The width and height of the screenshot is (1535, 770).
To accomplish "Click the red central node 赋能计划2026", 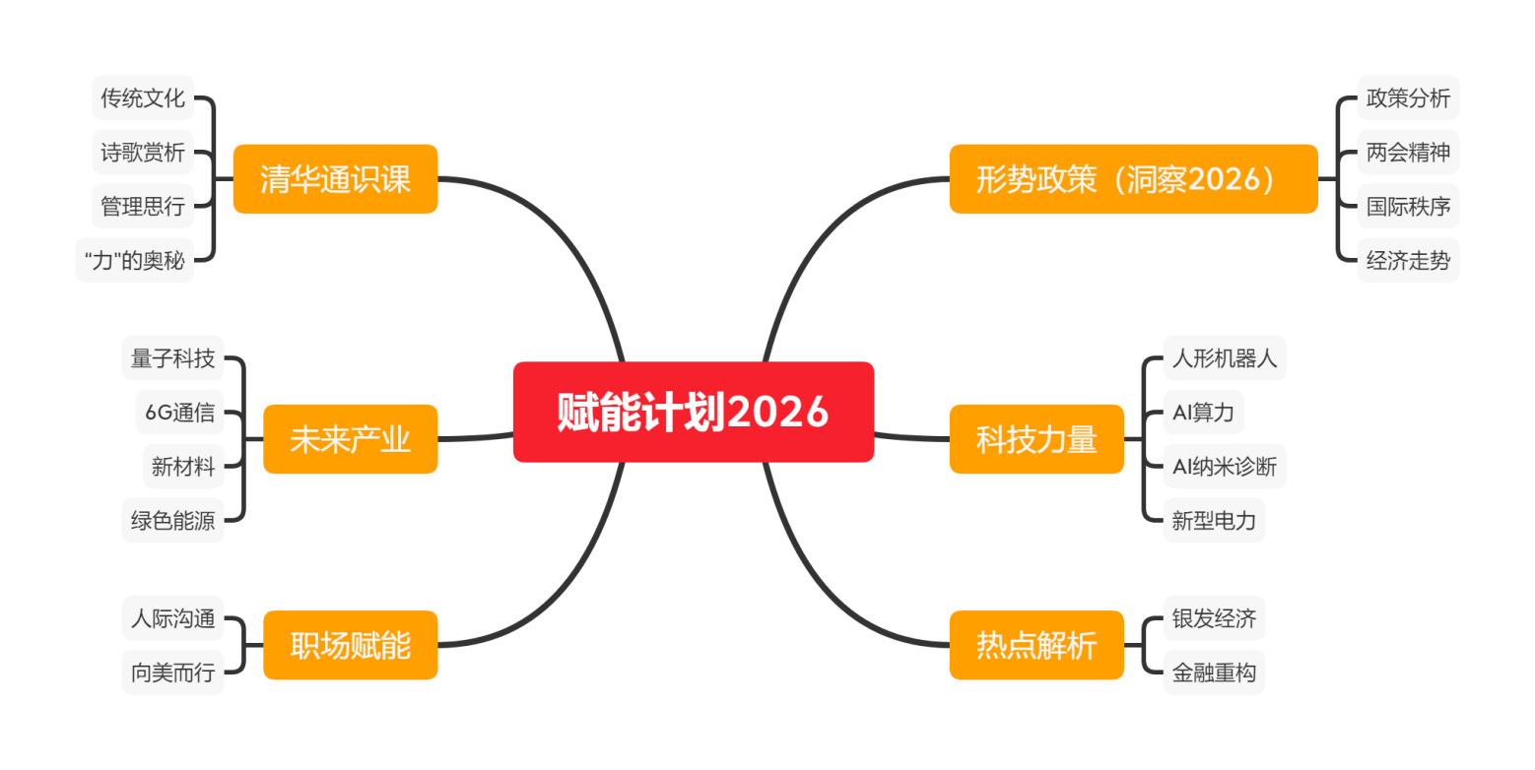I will point(693,412).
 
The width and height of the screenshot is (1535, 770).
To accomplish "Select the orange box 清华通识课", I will point(335,179).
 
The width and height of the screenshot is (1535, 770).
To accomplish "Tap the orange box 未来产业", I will point(350,439).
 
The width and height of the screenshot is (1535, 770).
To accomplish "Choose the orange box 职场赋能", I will point(350,645).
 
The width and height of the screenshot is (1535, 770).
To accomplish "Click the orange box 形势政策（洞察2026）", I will point(1133,179).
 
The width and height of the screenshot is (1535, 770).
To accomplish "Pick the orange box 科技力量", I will point(1036,439).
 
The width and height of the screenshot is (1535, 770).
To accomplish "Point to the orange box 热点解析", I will point(1036,645).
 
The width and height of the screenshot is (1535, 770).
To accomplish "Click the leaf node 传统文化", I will point(143,98).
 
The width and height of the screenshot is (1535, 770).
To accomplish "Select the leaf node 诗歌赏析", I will point(143,153).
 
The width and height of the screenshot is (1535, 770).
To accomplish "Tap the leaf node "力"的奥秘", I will point(135,261).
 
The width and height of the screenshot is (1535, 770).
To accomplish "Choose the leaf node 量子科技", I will point(173,358).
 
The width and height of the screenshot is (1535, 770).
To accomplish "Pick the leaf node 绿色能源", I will point(173,520).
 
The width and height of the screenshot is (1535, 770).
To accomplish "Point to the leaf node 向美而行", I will point(173,673).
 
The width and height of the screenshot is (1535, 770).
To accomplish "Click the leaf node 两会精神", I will point(1408,153).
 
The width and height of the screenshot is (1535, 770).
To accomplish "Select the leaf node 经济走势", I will point(1408,261).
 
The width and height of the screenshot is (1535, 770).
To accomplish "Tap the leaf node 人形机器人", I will point(1224,358).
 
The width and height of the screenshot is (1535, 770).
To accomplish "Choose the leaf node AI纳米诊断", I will point(1224,466).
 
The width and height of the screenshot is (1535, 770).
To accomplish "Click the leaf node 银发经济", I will point(1214,618).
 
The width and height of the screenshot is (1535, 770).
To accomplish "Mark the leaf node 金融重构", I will point(1214,673).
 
